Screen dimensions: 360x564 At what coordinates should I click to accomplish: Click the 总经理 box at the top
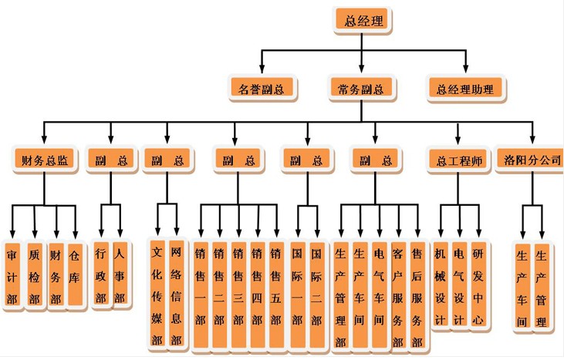click(x=363, y=20)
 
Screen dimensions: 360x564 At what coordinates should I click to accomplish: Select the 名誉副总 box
click(x=261, y=89)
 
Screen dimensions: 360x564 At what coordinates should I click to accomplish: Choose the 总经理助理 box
click(x=464, y=89)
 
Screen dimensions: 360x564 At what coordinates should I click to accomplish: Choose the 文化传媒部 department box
click(x=157, y=293)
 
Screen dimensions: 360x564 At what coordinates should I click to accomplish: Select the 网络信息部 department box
click(x=177, y=293)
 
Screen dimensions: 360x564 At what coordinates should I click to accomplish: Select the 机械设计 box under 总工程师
click(x=440, y=286)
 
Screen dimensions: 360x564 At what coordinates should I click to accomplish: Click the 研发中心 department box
click(x=478, y=286)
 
